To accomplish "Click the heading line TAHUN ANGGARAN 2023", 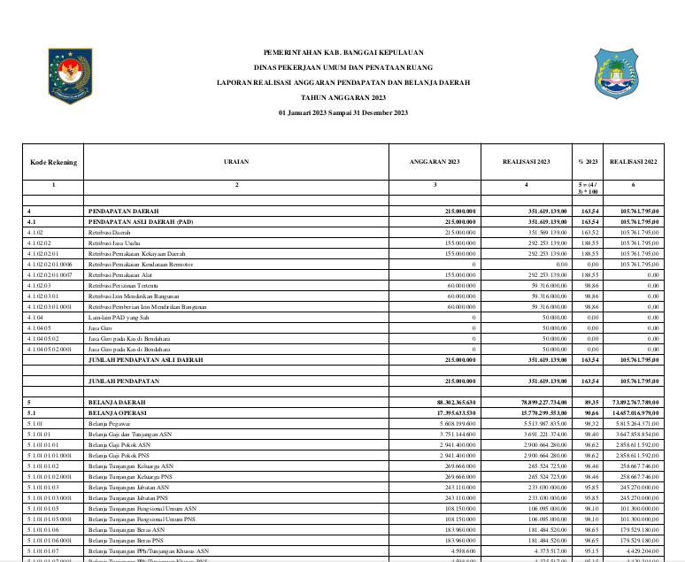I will coord(343,97).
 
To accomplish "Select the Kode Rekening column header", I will coord(53,162).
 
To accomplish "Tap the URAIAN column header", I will coord(236,162).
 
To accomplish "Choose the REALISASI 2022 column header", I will coord(633,162).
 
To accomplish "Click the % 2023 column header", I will coord(589,162).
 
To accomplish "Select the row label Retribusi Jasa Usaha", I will coord(111,243).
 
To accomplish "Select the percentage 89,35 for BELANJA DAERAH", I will coord(589,403).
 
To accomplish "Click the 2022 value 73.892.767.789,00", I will coord(632,403).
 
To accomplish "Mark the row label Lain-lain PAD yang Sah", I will coord(116,317).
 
